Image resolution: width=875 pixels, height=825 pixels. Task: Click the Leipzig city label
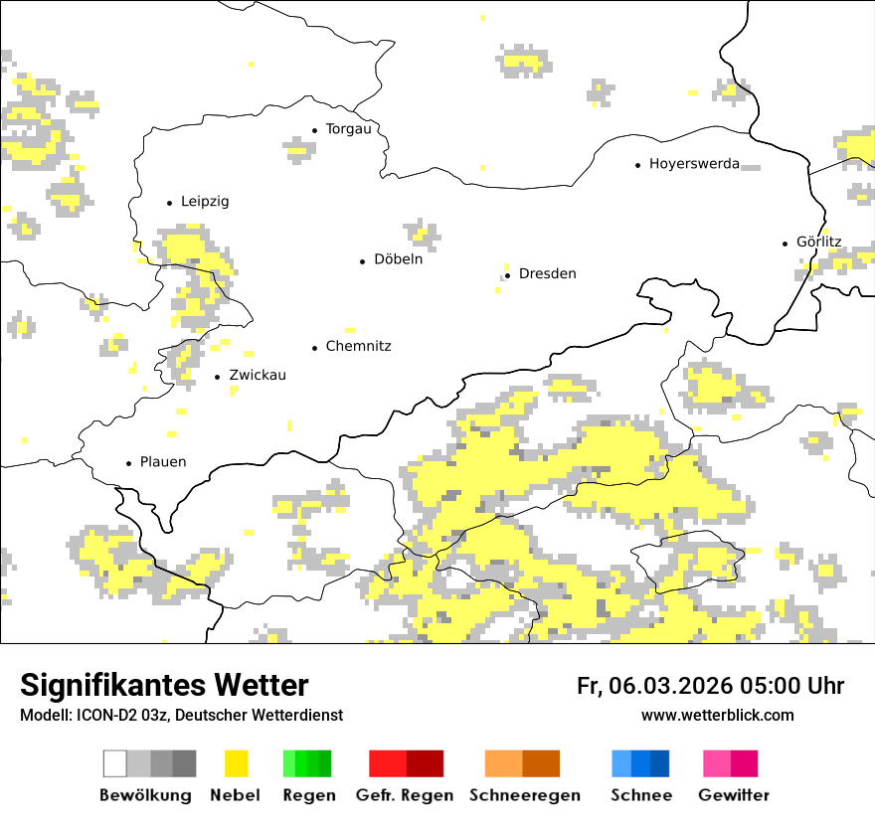205,202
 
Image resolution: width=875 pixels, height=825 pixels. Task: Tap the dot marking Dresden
507,274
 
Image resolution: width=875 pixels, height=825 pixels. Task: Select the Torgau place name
348,129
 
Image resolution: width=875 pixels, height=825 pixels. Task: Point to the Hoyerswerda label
694,164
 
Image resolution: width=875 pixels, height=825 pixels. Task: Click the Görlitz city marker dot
786,243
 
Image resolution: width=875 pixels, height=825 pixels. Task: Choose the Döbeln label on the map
398,259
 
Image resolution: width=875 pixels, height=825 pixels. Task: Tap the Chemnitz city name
358,347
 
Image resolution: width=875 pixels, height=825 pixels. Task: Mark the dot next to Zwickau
218,377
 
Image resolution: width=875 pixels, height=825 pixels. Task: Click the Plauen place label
163,462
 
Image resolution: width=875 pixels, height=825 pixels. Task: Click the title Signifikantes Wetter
164,686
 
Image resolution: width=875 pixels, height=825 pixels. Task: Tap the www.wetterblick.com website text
717,716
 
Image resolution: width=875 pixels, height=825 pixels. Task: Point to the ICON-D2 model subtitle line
181,716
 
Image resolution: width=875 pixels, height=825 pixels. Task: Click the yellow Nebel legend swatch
236,763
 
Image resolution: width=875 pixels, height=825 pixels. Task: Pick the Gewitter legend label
733,795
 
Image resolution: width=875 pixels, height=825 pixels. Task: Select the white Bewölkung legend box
115,763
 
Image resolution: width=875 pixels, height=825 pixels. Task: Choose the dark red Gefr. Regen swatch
425,763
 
